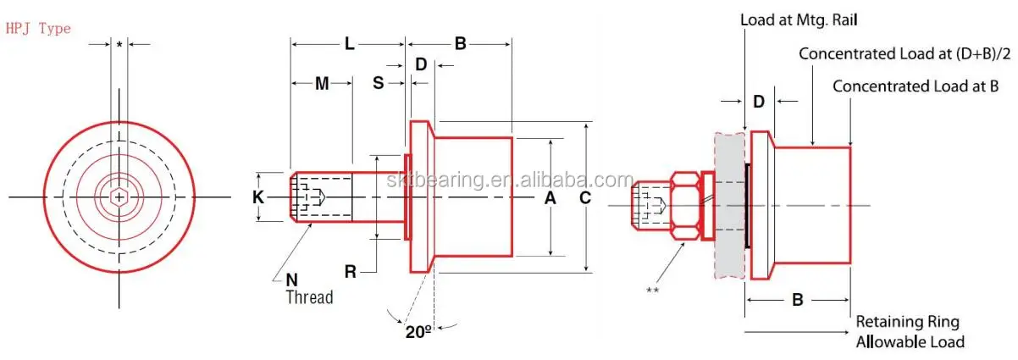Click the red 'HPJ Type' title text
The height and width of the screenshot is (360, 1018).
tap(38, 29)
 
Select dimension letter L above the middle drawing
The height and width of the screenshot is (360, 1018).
tap(349, 44)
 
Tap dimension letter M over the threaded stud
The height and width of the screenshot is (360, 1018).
tap(322, 83)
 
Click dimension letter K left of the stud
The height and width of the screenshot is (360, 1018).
tap(258, 197)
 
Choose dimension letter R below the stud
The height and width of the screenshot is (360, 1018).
tap(350, 272)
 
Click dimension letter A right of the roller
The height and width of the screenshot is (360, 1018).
tap(550, 198)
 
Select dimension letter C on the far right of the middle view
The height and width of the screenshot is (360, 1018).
tap(585, 198)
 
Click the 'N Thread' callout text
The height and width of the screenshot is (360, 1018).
tap(305, 289)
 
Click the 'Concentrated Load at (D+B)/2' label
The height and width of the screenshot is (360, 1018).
tap(905, 54)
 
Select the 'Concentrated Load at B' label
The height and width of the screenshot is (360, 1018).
tap(916, 86)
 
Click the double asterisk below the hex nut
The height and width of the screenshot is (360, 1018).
tap(652, 290)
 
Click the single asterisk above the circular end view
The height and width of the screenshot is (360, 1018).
tap(119, 43)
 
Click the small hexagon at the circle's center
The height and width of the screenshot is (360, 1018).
tap(119, 197)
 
